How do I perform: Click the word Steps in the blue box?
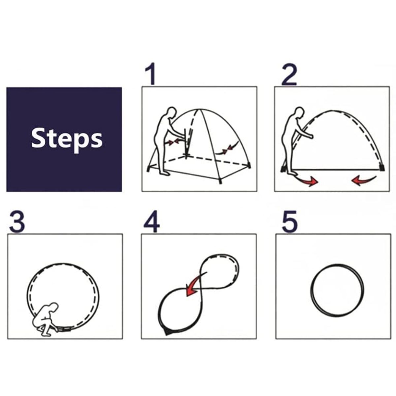[x=67, y=140]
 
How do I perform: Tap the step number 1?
[x=150, y=74]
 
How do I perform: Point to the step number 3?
[x=17, y=222]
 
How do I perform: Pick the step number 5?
[x=289, y=222]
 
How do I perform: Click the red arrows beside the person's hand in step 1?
[x=174, y=142]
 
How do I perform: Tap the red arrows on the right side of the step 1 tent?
[x=227, y=149]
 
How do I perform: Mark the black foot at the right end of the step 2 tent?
[x=382, y=167]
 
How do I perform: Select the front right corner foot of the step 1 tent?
[x=220, y=181]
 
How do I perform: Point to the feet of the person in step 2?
[x=291, y=173]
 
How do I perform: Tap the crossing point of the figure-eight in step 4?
[x=199, y=290]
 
